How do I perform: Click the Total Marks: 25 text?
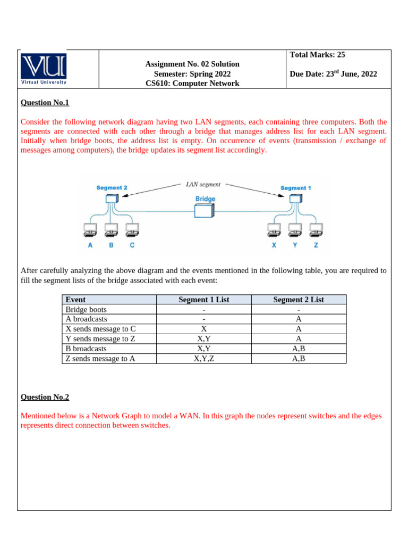tap(318, 54)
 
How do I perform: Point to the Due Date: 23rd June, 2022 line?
tap(333, 74)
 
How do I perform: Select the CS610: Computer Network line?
tap(192, 84)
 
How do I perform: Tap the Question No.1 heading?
tap(45, 103)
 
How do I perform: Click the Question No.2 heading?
tap(45, 397)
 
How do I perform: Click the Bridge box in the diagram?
tap(205, 211)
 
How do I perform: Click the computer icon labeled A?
tap(90, 230)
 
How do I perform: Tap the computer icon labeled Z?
tap(316, 230)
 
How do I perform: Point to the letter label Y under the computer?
tap(294, 245)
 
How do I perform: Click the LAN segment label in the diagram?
tap(203, 185)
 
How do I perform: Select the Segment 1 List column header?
tap(204, 300)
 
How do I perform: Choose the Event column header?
tap(75, 300)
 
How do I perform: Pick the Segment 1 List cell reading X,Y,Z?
tap(204, 359)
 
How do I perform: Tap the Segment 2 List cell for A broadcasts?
tap(299, 319)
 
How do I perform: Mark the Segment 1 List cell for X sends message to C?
tap(204, 329)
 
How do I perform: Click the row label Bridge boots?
tap(86, 309)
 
